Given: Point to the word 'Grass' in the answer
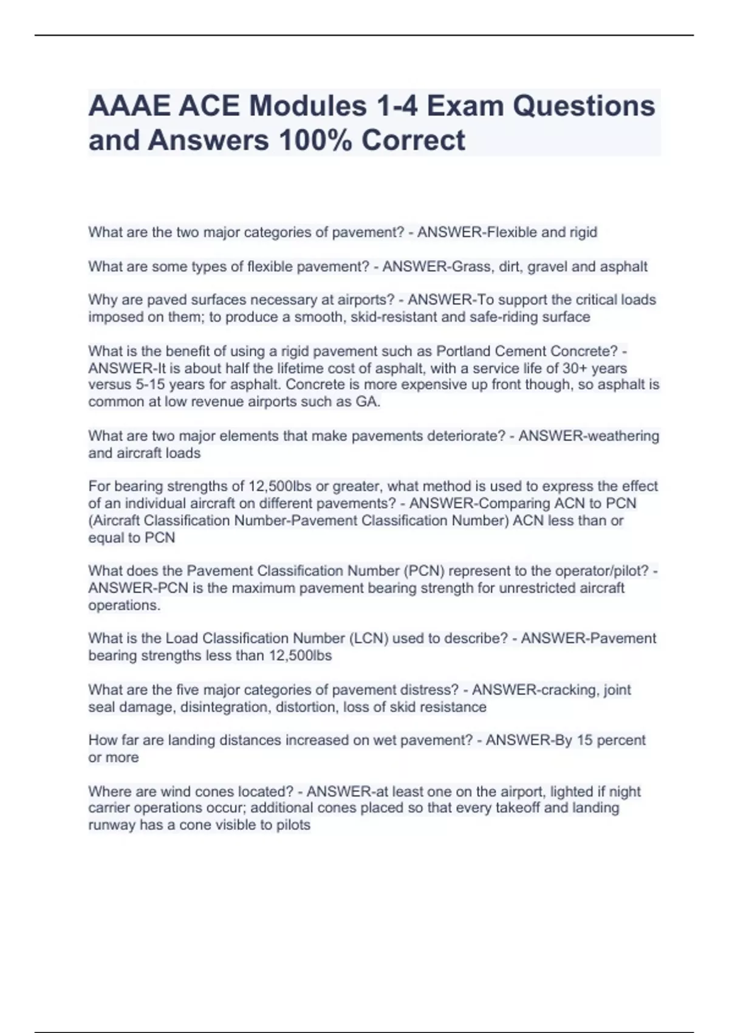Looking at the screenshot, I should pos(467,266).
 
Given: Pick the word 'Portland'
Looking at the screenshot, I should pos(463,351).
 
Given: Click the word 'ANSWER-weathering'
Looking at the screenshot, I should pos(588,436).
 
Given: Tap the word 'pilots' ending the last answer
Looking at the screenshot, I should pos(292,825).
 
